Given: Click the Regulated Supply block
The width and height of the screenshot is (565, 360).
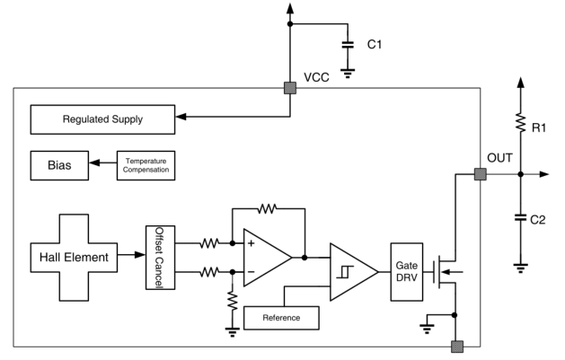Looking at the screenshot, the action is pyautogui.click(x=102, y=119).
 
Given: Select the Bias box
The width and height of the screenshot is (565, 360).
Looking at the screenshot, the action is pyautogui.click(x=59, y=165).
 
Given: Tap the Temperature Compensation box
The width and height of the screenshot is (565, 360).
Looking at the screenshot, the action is pyautogui.click(x=146, y=165).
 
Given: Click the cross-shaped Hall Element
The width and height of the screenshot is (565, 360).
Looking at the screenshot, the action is pyautogui.click(x=74, y=258).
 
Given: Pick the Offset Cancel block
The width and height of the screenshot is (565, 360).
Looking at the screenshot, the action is pyautogui.click(x=161, y=258).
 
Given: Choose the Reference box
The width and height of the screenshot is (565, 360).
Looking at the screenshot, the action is pyautogui.click(x=281, y=318).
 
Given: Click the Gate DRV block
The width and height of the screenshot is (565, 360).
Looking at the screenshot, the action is pyautogui.click(x=407, y=272).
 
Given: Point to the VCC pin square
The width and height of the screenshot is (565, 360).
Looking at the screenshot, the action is pyautogui.click(x=290, y=88).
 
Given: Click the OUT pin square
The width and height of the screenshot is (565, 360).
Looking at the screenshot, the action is pyautogui.click(x=481, y=174).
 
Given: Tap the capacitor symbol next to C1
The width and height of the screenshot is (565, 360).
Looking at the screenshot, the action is pyautogui.click(x=348, y=45).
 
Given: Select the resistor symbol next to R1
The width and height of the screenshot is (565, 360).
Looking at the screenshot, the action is pyautogui.click(x=521, y=122).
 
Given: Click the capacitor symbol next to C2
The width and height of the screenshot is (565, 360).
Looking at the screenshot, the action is pyautogui.click(x=521, y=217).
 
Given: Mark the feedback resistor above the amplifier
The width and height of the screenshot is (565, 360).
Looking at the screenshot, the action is pyautogui.click(x=268, y=208).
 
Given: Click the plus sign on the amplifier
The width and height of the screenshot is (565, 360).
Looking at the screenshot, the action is pyautogui.click(x=252, y=243).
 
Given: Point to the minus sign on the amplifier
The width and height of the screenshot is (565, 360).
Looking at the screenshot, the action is pyautogui.click(x=252, y=272).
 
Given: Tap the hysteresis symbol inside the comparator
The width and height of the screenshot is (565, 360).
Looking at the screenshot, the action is pyautogui.click(x=345, y=272).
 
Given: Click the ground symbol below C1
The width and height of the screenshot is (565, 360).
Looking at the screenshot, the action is pyautogui.click(x=348, y=74).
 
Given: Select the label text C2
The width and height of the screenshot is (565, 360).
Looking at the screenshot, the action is pyautogui.click(x=538, y=220).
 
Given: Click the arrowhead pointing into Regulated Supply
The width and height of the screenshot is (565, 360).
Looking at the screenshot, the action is pyautogui.click(x=181, y=117).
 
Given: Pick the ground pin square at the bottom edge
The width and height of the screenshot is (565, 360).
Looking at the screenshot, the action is pyautogui.click(x=457, y=347).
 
